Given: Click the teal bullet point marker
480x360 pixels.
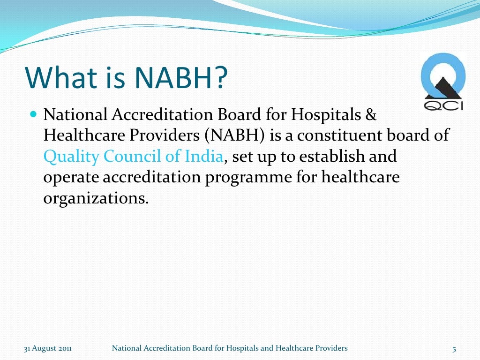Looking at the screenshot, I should pos(33,114).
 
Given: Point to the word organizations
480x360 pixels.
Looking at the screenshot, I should pos(96,198).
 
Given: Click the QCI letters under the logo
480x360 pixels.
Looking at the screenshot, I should pos(443,105).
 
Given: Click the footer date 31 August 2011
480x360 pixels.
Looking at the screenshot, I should pos(48,348).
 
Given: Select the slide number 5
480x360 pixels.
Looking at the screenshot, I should pos(454,348).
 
